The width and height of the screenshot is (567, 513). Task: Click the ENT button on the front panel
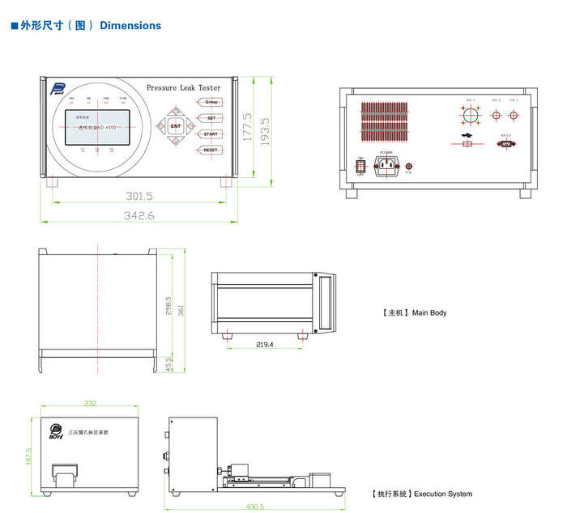176,126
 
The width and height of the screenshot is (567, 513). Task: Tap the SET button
211,118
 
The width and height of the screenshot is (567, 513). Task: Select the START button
211,134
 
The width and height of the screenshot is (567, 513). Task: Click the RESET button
211,151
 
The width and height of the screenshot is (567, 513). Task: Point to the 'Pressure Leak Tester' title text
183,87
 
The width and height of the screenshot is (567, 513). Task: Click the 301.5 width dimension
139,196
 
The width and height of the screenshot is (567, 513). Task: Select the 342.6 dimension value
139,215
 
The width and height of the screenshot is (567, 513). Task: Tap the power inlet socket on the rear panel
386,166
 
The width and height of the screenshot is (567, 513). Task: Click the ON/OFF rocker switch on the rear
360,165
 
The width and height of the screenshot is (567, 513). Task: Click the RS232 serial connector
506,144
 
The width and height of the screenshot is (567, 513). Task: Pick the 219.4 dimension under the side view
265,345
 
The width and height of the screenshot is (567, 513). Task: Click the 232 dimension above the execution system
90,403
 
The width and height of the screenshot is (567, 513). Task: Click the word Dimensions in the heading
130,26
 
